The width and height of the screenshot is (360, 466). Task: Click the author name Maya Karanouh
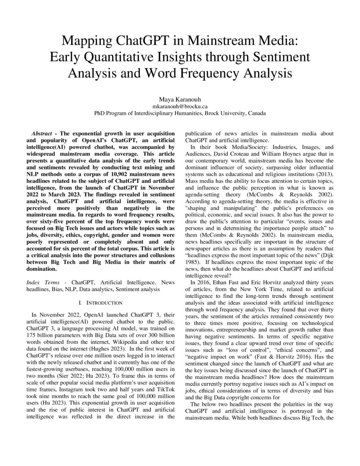180,100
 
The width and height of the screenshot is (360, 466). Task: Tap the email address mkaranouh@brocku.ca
180,107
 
